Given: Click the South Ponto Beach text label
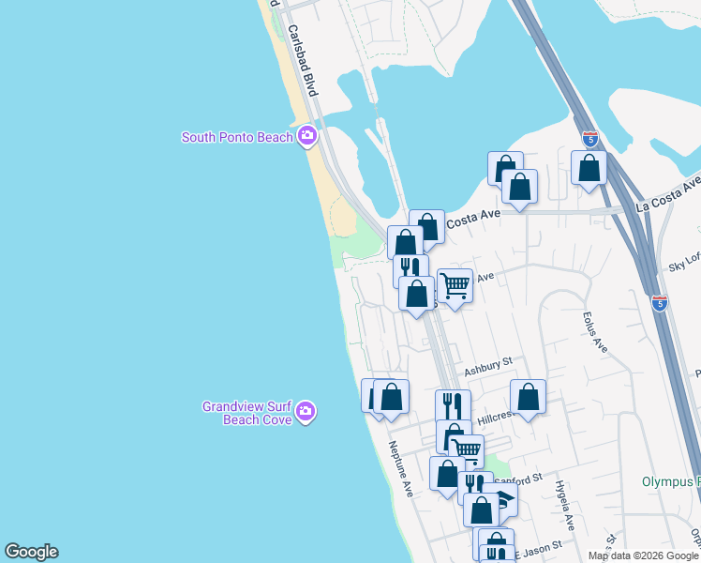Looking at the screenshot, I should pyautogui.click(x=237, y=138).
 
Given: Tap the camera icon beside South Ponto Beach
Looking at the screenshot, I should pyautogui.click(x=306, y=138).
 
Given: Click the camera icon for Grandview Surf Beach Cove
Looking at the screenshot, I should pyautogui.click(x=306, y=412).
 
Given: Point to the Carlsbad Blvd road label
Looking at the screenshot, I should pyautogui.click(x=305, y=60).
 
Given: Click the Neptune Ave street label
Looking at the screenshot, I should pyautogui.click(x=401, y=470).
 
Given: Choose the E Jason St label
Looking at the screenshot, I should pyautogui.click(x=539, y=544).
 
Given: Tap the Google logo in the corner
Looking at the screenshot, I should pyautogui.click(x=31, y=552).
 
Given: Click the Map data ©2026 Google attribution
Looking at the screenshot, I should pyautogui.click(x=643, y=555).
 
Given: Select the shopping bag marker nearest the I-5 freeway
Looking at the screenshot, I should pyautogui.click(x=589, y=169).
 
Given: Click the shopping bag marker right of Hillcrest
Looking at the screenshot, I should pyautogui.click(x=529, y=397).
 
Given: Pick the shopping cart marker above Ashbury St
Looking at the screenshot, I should pyautogui.click(x=455, y=285).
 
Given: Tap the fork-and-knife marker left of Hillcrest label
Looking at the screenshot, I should pyautogui.click(x=453, y=405).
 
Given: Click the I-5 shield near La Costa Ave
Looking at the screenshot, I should pyautogui.click(x=590, y=139).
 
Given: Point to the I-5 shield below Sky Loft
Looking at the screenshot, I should pyautogui.click(x=661, y=303).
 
